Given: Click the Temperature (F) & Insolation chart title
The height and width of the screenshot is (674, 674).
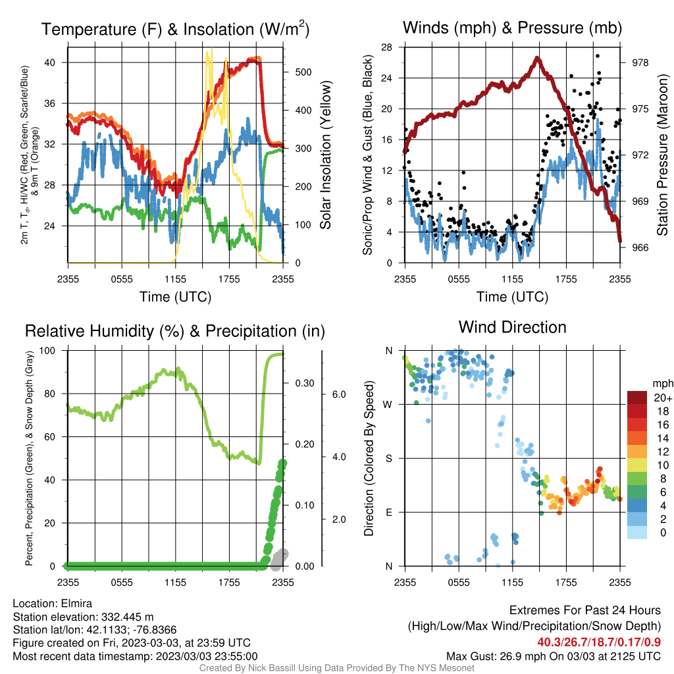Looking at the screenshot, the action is [x=175, y=29].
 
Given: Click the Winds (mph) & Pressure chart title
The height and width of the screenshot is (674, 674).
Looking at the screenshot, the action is [x=512, y=28].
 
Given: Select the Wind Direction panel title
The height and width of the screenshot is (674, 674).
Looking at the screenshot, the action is [x=512, y=327].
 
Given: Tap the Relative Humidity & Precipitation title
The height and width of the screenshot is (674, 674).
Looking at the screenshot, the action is [x=175, y=331].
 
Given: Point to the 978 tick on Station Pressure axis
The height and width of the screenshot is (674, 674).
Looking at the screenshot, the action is [x=640, y=63].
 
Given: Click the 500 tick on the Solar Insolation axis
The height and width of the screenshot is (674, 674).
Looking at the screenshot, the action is [x=303, y=72].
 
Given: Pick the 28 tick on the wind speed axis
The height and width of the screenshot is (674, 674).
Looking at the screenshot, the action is [x=386, y=47].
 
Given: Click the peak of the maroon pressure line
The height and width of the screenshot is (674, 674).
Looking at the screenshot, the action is [x=537, y=58].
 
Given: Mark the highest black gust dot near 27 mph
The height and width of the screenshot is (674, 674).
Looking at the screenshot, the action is [x=598, y=56].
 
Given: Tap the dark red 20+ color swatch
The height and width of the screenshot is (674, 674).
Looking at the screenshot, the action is [x=637, y=398].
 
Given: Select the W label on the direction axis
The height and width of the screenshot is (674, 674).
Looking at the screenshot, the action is [x=388, y=405].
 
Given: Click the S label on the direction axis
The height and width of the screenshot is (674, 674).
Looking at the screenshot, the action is [x=388, y=458].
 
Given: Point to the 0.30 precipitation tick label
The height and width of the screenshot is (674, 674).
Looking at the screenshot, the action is [x=304, y=383].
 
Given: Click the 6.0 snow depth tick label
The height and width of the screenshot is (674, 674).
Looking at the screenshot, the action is [x=339, y=394].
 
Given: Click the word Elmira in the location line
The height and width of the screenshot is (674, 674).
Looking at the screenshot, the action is [x=76, y=604].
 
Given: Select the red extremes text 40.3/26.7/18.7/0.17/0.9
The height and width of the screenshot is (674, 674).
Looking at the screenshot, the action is [x=599, y=642].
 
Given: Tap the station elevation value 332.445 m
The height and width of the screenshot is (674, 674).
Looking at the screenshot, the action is [x=127, y=617].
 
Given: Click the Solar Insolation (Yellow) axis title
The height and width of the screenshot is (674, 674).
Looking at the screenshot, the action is [x=326, y=155].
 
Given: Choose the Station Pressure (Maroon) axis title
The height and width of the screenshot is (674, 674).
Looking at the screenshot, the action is [x=662, y=155].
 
